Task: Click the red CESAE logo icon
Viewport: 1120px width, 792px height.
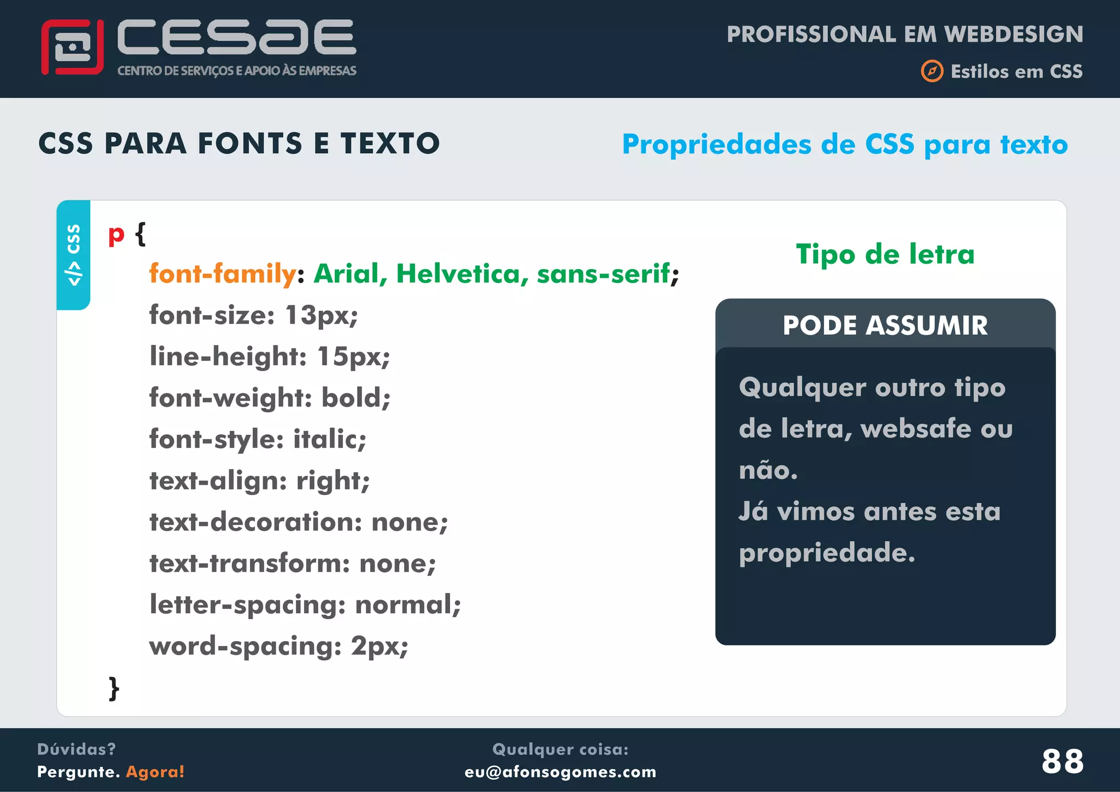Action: (72, 47)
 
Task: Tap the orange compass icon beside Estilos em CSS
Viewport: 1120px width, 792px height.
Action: (932, 71)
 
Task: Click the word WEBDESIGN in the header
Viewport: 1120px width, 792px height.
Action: (1013, 34)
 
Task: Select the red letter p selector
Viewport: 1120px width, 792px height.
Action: (116, 235)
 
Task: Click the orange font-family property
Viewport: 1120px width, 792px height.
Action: (223, 273)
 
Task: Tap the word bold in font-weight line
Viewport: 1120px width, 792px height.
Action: (355, 398)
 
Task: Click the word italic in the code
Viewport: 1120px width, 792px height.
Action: (329, 439)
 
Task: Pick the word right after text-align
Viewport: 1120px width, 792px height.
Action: (332, 481)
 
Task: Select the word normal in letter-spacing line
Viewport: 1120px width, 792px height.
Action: (407, 605)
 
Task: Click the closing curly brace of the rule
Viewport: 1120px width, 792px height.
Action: (114, 688)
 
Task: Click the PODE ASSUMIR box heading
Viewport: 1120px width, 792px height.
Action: (885, 325)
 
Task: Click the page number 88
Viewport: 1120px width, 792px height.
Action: (1062, 761)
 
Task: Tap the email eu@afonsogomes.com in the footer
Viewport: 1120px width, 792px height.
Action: (560, 772)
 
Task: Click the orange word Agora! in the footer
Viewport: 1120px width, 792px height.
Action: (155, 772)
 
